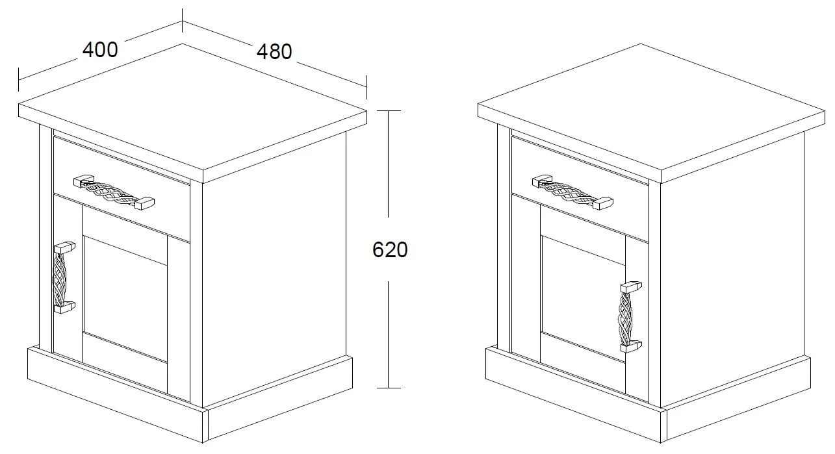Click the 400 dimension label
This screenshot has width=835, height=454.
[x=100, y=49]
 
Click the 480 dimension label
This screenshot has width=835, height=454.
[x=274, y=51]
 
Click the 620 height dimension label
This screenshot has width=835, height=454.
[x=390, y=249]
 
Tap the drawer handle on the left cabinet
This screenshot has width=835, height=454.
[x=114, y=192]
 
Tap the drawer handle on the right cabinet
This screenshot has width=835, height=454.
[x=572, y=192]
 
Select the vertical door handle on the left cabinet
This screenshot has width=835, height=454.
[x=64, y=278]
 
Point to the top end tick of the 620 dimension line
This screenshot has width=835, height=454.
[x=389, y=110]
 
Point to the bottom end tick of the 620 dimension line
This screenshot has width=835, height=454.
[x=389, y=388]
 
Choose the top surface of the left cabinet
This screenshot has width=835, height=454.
[x=193, y=108]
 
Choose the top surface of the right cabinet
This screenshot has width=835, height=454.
[x=652, y=108]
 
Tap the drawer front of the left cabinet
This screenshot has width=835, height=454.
[x=122, y=190]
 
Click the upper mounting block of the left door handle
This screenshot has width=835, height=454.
[x=65, y=247]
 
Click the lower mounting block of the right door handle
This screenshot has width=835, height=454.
[x=631, y=347]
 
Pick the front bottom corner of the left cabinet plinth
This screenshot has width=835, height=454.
[x=203, y=442]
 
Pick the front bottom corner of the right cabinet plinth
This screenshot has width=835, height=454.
[x=661, y=442]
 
